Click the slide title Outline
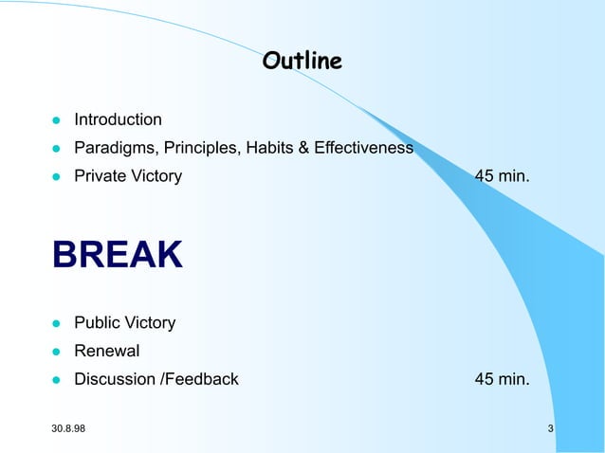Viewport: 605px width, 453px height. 302,62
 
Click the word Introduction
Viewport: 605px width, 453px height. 118,119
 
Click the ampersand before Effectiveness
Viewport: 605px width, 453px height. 308,149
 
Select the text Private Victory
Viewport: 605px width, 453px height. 128,176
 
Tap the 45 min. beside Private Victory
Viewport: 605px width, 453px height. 502,176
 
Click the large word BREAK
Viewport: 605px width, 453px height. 118,255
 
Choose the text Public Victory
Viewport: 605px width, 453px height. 124,323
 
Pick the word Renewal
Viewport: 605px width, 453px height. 107,352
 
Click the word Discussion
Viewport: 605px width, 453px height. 116,380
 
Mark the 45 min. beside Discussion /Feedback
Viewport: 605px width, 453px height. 502,380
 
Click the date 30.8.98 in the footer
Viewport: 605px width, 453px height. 68,431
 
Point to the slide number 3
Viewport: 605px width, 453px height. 551,431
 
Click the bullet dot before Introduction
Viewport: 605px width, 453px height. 56,121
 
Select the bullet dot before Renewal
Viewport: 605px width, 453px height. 56,353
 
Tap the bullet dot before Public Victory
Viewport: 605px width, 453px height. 56,324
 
